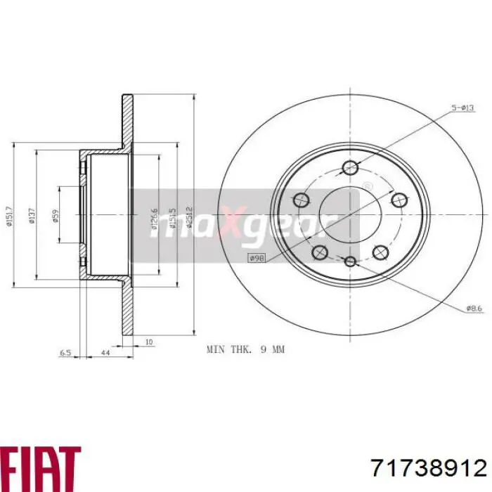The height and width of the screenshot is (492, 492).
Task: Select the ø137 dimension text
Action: click(31, 214)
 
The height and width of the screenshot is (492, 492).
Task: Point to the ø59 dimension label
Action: click(56, 215)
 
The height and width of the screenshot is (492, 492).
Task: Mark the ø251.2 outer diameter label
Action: click(190, 215)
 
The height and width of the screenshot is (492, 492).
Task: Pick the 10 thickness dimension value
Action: click(149, 342)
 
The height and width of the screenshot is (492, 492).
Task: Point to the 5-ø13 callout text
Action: click(464, 108)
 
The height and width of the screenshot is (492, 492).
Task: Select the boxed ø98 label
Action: click(257, 259)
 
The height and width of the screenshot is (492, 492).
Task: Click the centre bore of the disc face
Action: click(349, 214)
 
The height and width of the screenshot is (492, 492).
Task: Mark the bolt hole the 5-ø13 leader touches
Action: click(349, 167)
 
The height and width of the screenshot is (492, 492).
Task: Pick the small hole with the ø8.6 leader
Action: click(351, 261)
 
